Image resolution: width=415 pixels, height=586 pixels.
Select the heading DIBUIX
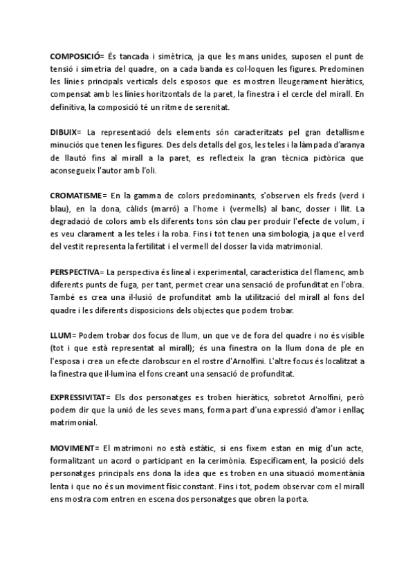point(64,131)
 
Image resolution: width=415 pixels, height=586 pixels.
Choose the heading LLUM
point(60,337)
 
